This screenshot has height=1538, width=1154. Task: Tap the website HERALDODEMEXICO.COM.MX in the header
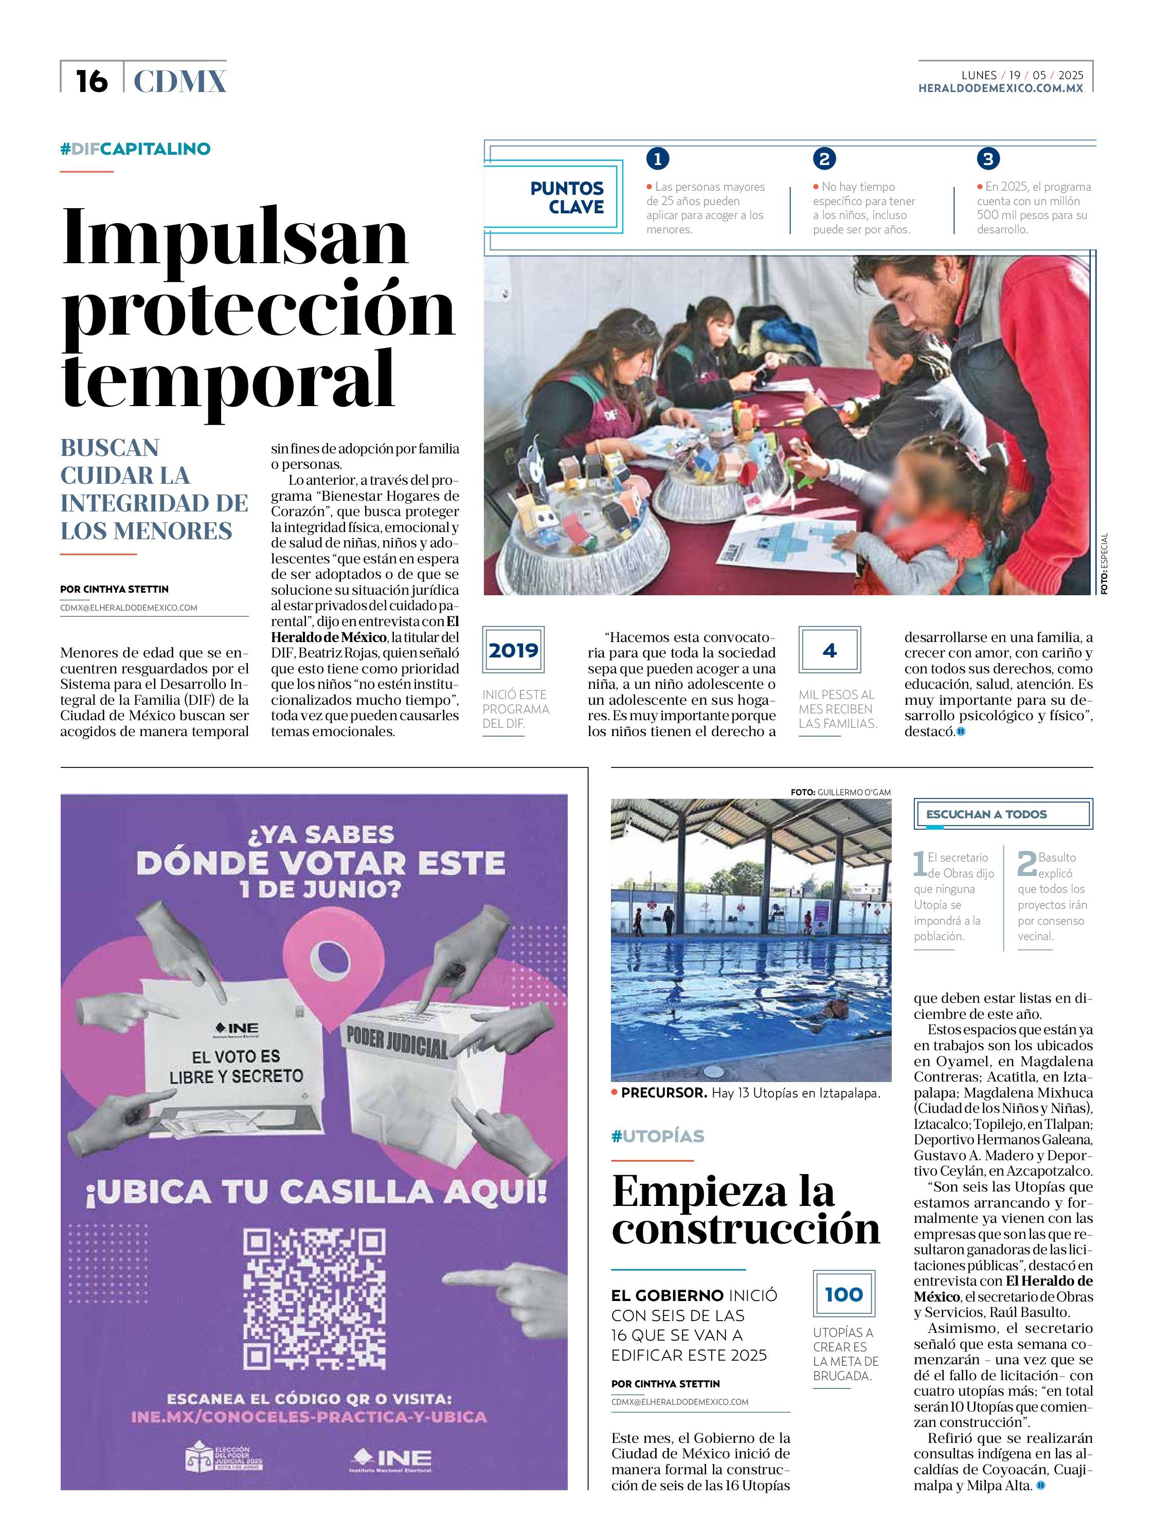(1000, 88)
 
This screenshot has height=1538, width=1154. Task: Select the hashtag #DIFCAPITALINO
(136, 149)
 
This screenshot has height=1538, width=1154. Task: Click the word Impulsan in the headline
(235, 237)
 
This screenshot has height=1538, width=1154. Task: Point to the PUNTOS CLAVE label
(566, 197)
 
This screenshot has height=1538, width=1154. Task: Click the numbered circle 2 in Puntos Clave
(824, 159)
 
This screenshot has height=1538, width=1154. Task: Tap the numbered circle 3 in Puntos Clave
(987, 159)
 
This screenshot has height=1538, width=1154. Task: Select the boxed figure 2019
(513, 650)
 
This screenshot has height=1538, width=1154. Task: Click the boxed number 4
(829, 650)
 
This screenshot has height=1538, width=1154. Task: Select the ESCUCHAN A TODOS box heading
(986, 814)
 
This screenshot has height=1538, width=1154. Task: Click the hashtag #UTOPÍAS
(657, 1136)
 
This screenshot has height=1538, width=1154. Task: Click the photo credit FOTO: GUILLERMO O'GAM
(840, 792)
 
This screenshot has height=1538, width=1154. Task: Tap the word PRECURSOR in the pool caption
(663, 1093)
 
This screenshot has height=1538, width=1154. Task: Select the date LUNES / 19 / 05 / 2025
(1022, 75)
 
